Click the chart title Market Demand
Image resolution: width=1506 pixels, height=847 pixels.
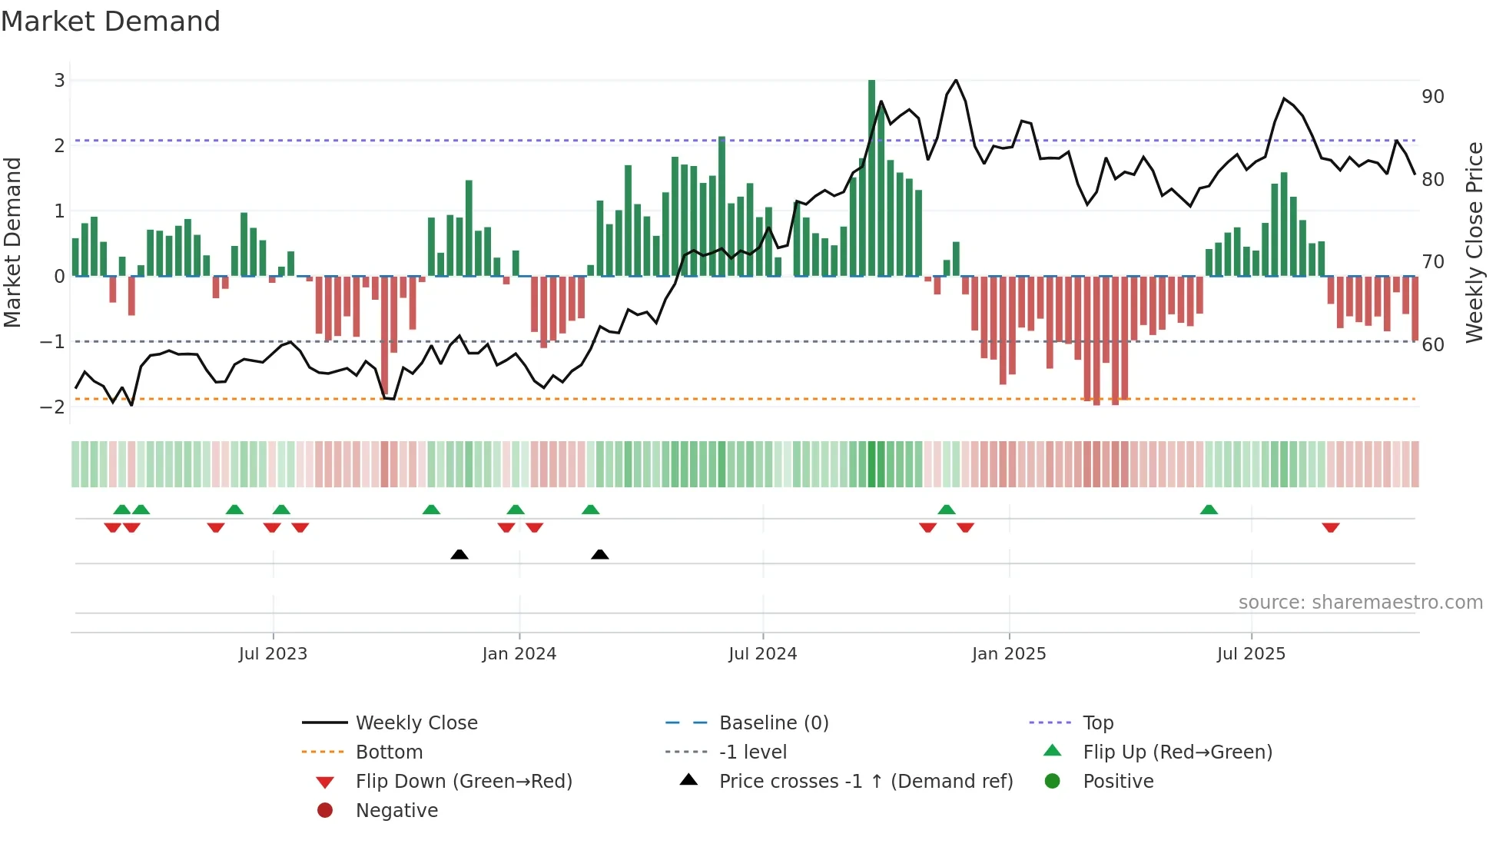111,22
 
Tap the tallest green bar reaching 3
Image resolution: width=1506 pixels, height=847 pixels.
871,177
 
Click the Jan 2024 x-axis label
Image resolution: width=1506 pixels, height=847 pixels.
519,654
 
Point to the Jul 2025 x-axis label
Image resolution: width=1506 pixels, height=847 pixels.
1250,654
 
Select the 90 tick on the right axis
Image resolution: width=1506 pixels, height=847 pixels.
1432,97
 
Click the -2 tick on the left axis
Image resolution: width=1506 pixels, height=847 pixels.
53,407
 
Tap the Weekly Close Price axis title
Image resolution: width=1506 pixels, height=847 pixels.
1474,242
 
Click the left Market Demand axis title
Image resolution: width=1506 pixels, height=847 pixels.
12,242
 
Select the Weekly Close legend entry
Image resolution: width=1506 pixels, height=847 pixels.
416,723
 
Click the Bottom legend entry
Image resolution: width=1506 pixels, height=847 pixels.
389,752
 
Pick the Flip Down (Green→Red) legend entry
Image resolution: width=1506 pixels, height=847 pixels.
463,782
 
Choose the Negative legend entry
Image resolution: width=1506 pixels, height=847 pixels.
396,811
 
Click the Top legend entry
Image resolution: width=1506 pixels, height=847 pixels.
1097,723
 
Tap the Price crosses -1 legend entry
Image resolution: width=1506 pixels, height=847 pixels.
865,782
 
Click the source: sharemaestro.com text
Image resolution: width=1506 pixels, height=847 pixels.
1360,603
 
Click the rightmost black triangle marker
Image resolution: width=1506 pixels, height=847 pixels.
600,554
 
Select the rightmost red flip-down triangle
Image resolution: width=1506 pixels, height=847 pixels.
1331,527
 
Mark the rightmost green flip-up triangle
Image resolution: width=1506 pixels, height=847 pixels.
1209,510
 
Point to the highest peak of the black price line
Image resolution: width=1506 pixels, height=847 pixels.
955,81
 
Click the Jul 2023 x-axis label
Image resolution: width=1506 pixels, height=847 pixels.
273,654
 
